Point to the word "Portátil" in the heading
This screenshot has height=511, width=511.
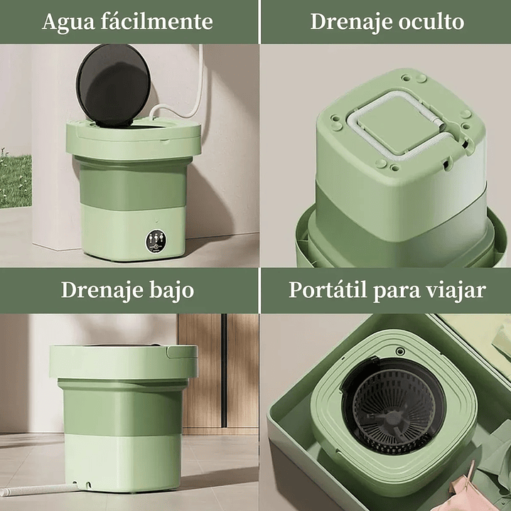pyautogui.click(x=328, y=290)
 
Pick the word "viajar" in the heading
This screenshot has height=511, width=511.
pyautogui.click(x=456, y=290)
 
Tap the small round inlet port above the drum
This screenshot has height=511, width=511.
pyautogui.click(x=400, y=351)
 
